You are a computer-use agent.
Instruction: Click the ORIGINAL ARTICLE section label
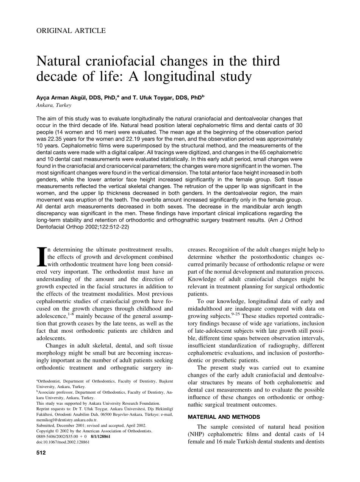(71, 31)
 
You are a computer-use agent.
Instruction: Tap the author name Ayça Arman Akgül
(63, 97)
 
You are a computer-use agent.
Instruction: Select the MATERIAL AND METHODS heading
(224, 417)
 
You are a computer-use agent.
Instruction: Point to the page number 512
(41, 452)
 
